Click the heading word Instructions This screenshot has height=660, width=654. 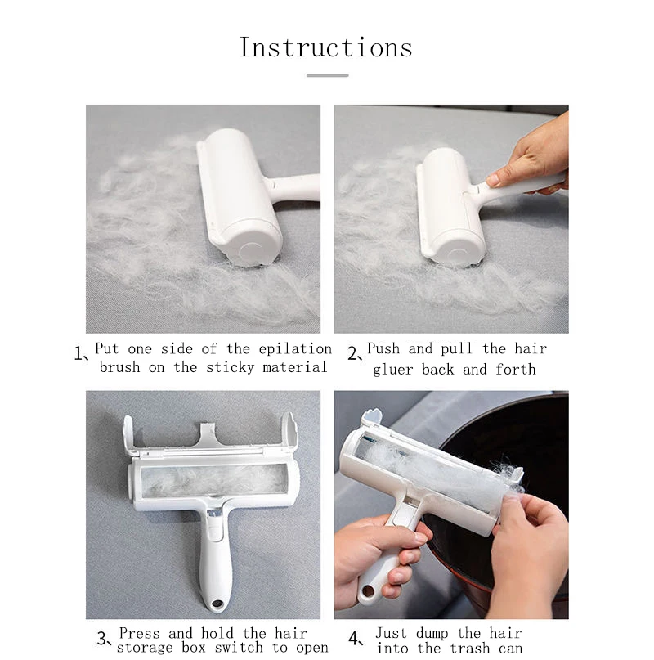point(325,47)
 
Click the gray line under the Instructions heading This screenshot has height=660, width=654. point(328,75)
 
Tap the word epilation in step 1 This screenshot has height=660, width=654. point(295,349)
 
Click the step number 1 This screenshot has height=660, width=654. point(78,353)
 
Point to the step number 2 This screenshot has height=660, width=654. point(352,353)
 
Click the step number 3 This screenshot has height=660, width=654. point(102,639)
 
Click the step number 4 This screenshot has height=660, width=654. point(354,639)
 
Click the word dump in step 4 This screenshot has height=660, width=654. point(432,634)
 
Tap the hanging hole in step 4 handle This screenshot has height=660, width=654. point(368,591)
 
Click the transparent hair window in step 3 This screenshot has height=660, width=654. point(215,480)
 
